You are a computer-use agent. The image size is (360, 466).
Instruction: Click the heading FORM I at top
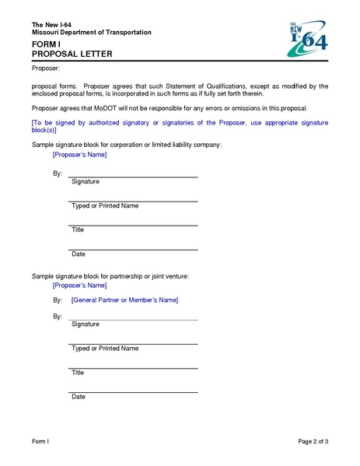[x=46, y=45]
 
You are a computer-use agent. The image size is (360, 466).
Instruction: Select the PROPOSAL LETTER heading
[x=72, y=54]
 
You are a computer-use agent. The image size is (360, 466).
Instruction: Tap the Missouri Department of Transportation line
[x=91, y=32]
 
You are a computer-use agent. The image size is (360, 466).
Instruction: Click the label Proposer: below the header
[x=46, y=70]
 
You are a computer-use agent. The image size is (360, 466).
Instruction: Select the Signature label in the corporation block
[x=86, y=181]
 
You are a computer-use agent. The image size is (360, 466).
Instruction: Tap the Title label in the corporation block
[x=78, y=230]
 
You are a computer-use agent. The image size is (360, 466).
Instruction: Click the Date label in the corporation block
[x=79, y=254]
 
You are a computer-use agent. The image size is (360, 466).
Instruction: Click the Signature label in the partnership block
[x=86, y=324]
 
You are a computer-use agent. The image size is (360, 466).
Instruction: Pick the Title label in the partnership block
[x=78, y=373]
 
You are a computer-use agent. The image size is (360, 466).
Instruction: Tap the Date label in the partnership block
[x=79, y=397]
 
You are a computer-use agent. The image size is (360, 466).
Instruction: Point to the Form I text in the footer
[x=40, y=442]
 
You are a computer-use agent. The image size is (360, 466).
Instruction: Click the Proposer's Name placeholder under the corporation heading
[x=79, y=156]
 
